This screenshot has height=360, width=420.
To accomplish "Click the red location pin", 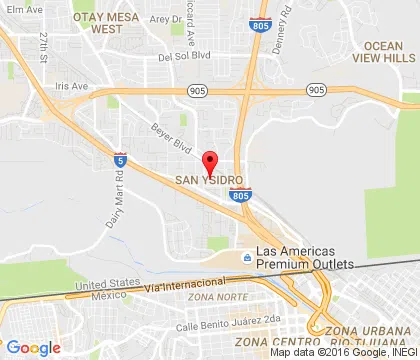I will (x=209, y=162).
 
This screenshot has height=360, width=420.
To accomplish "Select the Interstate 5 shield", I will (x=119, y=158).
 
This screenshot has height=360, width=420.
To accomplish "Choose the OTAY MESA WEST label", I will (x=106, y=23).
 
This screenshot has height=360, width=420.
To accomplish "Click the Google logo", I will (x=33, y=347).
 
